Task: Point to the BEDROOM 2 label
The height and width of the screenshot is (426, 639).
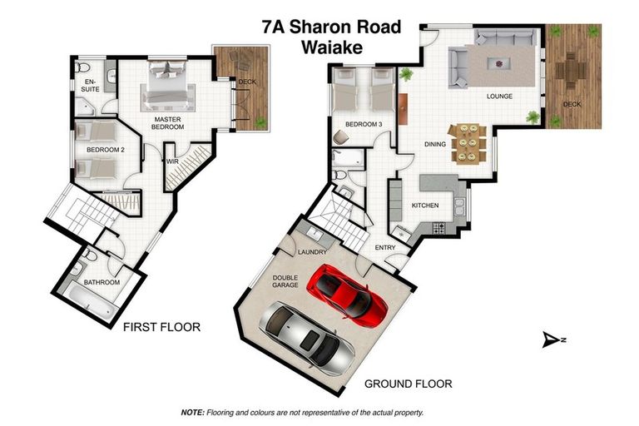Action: tap(105, 151)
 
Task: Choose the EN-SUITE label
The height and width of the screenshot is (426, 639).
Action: tap(89, 85)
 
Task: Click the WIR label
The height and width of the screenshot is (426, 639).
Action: tap(173, 161)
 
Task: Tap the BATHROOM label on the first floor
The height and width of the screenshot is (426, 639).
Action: tap(102, 282)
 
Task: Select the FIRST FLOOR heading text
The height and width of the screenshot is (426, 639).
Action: tap(161, 327)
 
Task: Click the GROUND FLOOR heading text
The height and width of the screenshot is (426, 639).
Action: tap(409, 384)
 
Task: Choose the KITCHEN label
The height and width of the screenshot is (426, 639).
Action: tap(424, 205)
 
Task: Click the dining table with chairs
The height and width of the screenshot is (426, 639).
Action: tap(464, 143)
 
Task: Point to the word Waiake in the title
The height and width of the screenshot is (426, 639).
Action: tap(333, 48)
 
